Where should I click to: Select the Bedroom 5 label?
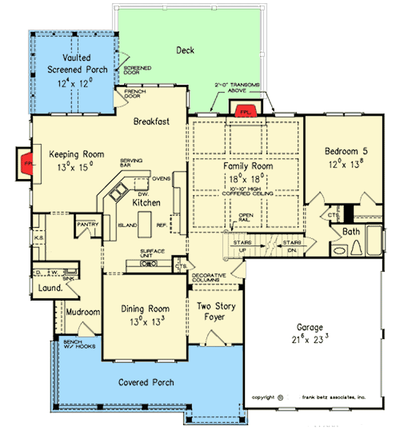346,151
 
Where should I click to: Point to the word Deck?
185,51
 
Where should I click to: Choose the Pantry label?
86,225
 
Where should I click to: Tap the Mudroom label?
83,312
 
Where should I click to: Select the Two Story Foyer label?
215,312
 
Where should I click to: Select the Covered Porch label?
146,382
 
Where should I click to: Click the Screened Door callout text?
138,70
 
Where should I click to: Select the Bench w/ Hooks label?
79,344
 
